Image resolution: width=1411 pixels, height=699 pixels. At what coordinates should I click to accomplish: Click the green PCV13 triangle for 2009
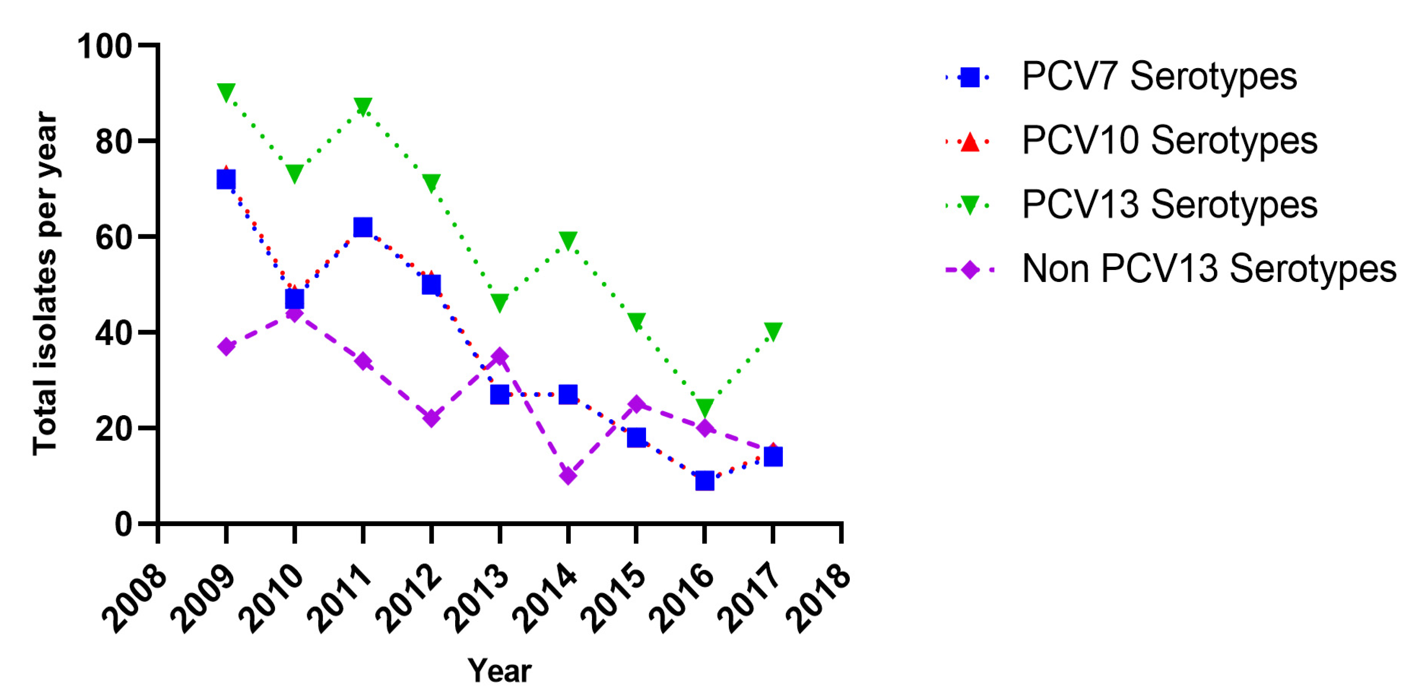(226, 92)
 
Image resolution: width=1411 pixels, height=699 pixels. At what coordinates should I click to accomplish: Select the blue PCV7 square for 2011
(362, 227)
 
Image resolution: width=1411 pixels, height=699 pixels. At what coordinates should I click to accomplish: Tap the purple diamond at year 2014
(568, 474)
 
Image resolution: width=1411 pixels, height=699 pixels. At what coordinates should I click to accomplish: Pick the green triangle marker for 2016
(705, 407)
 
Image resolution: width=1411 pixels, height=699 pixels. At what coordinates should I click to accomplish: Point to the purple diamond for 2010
(294, 313)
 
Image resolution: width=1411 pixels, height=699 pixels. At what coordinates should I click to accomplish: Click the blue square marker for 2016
(705, 481)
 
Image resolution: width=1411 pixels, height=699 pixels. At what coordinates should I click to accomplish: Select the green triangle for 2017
(773, 331)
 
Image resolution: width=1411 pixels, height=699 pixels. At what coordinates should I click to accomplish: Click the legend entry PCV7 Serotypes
(1159, 77)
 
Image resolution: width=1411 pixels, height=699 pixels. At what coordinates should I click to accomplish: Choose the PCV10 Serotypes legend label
(1169, 141)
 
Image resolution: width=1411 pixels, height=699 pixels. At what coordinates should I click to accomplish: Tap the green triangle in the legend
(970, 205)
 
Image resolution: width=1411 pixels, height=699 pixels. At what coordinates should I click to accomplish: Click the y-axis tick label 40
(113, 332)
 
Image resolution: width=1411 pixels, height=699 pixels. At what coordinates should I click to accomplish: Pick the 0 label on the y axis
(123, 524)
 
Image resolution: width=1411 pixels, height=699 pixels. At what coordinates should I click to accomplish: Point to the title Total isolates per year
(45, 283)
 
